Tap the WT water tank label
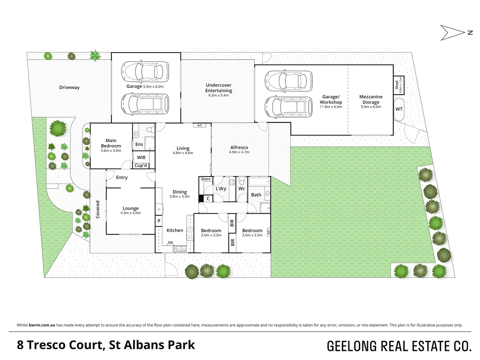pyautogui.click(x=399, y=109)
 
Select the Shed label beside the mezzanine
pyautogui.click(x=397, y=85)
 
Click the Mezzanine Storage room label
pyautogui.click(x=371, y=99)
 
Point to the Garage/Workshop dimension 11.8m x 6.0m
pyautogui.click(x=331, y=107)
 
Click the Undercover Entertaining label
pyautogui.click(x=219, y=88)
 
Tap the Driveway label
pyautogui.click(x=69, y=87)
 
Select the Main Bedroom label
pyautogui.click(x=111, y=143)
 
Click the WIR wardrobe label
pyautogui.click(x=141, y=157)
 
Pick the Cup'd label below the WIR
pyautogui.click(x=141, y=165)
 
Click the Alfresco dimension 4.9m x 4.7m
pyautogui.click(x=239, y=152)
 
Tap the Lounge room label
pyautogui.click(x=130, y=208)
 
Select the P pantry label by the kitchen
pyautogui.click(x=159, y=221)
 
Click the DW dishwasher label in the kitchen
pyautogui.click(x=170, y=242)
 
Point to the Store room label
pyautogui.click(x=206, y=179)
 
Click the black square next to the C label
pyautogui.click(x=201, y=199)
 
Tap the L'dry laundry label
pyautogui.click(x=221, y=188)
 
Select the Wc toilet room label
pyautogui.click(x=242, y=189)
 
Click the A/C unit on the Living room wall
pyautogui.click(x=200, y=125)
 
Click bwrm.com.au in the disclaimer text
pyautogui.click(x=42, y=325)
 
